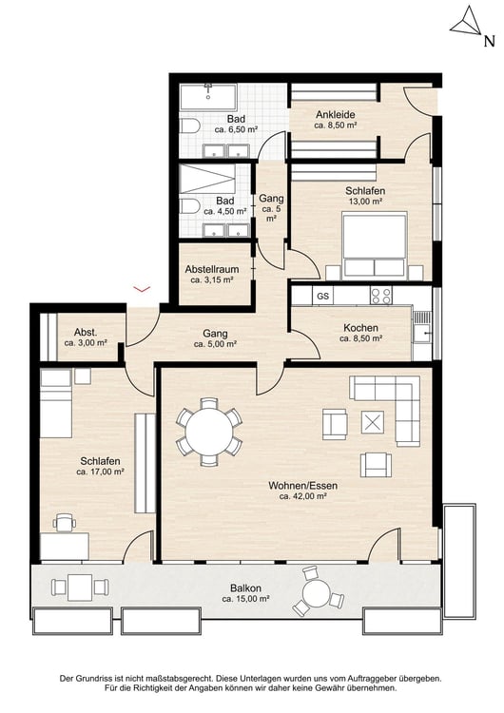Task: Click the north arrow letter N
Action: click(x=489, y=42)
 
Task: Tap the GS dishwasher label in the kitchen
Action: click(x=323, y=297)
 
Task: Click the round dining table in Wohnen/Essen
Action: click(x=209, y=432)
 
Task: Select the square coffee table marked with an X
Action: click(x=373, y=422)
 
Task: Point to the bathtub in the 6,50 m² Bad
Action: click(x=208, y=97)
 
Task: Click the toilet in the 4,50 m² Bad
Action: click(x=189, y=206)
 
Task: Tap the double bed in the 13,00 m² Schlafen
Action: click(x=375, y=245)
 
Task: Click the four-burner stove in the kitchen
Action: click(x=381, y=296)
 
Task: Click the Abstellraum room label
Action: click(x=212, y=269)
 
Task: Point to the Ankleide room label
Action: click(x=336, y=115)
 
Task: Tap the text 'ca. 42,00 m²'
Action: click(x=303, y=496)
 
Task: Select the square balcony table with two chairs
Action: click(x=80, y=588)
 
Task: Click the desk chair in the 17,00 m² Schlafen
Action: click(x=64, y=523)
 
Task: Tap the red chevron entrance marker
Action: click(x=141, y=288)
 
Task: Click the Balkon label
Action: click(x=245, y=588)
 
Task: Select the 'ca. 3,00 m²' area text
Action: click(x=86, y=343)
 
